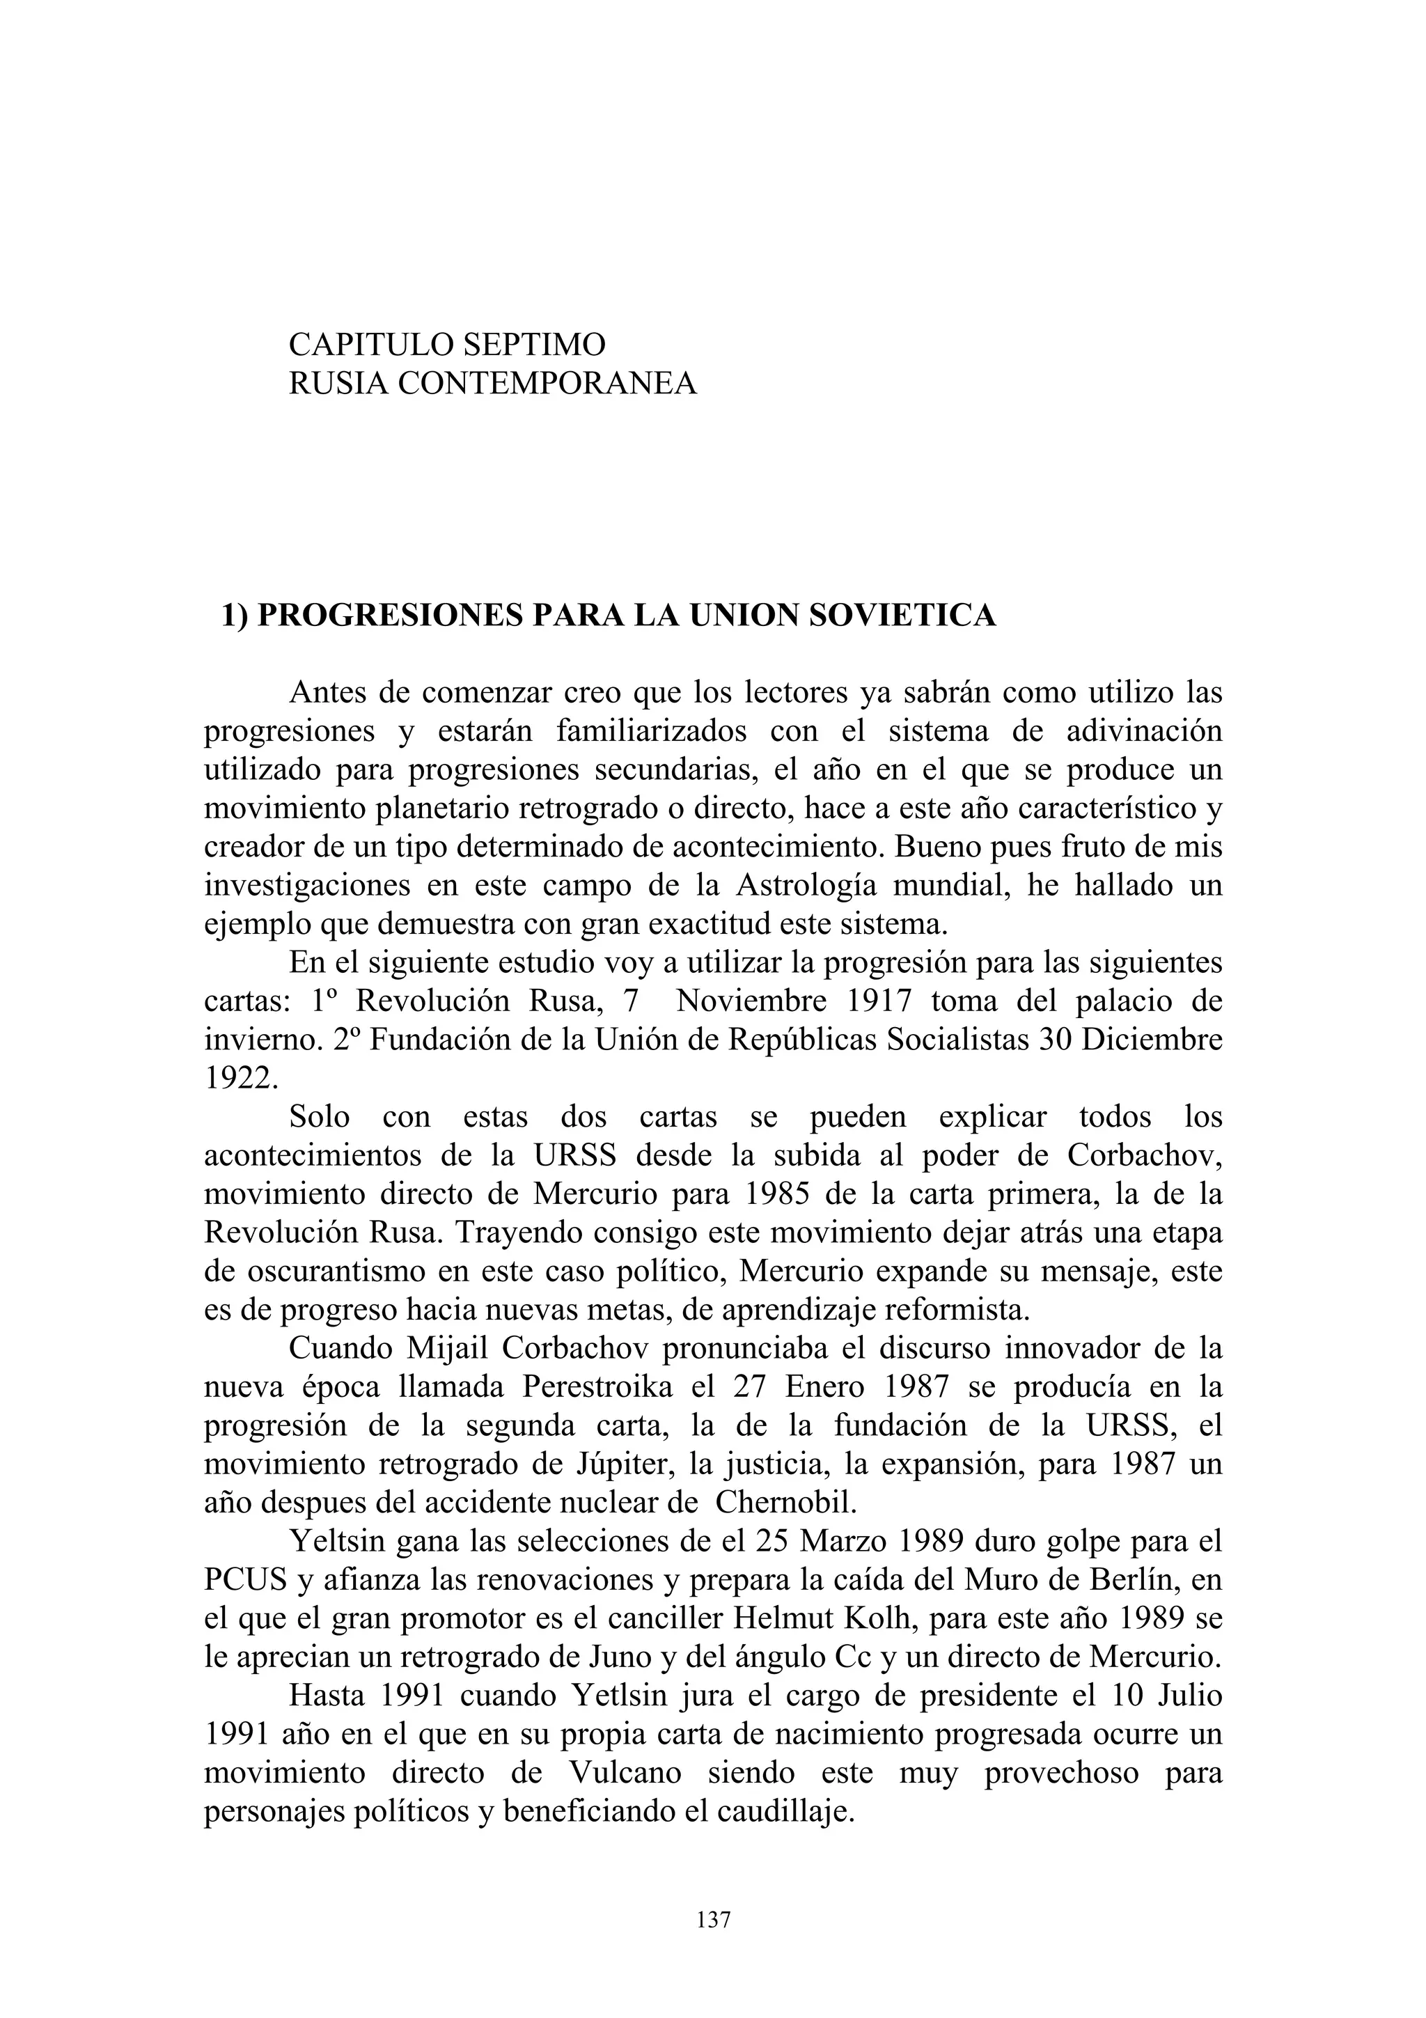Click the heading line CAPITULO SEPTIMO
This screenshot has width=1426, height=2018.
(x=446, y=345)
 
